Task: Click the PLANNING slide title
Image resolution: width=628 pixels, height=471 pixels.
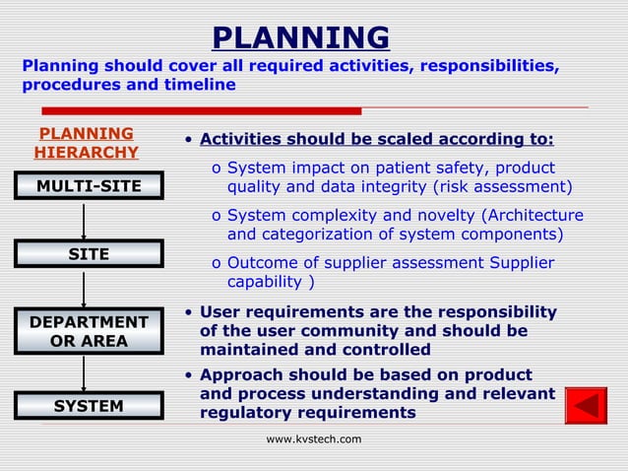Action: click(x=300, y=37)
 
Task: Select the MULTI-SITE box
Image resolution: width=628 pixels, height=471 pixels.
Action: click(x=88, y=186)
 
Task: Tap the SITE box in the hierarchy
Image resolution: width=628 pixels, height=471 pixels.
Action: click(x=88, y=255)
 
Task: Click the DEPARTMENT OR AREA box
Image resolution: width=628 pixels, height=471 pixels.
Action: click(x=88, y=332)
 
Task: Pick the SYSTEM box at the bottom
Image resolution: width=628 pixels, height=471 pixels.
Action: click(x=88, y=406)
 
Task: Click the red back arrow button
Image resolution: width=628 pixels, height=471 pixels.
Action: click(x=586, y=406)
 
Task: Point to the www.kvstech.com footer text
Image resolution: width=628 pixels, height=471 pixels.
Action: click(x=314, y=439)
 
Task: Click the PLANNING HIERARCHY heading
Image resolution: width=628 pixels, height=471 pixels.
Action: click(x=87, y=143)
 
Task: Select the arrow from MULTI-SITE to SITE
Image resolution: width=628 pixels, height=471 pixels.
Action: click(x=85, y=221)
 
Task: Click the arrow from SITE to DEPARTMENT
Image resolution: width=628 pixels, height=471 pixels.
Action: click(x=85, y=290)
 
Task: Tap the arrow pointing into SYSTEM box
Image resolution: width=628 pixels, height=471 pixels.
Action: click(x=85, y=374)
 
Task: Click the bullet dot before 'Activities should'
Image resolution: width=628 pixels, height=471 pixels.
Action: click(x=188, y=141)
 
